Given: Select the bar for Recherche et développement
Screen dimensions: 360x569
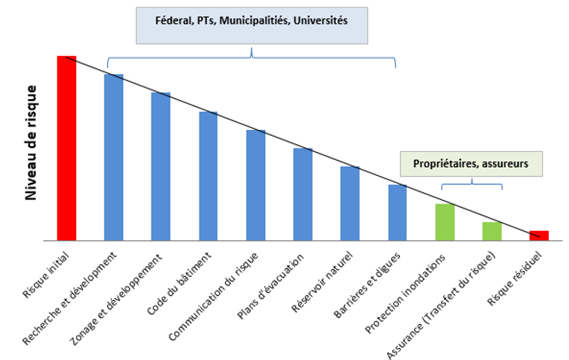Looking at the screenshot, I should [x=114, y=158].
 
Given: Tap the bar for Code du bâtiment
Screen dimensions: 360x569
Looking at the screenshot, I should [x=208, y=176].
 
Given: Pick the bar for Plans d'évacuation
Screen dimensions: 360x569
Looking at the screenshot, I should [x=303, y=194].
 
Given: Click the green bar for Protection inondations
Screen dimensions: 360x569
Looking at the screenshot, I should [x=445, y=222].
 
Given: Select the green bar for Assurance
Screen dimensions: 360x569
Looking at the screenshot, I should [x=492, y=231].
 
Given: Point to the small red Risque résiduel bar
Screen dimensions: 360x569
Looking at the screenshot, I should [x=539, y=236].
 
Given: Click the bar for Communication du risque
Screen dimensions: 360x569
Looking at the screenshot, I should [x=256, y=185].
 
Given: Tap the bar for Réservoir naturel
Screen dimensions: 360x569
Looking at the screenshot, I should [x=350, y=204].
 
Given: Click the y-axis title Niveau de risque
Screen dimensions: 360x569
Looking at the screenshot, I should [x=31, y=143].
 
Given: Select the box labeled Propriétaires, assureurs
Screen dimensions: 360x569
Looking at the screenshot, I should [x=471, y=164].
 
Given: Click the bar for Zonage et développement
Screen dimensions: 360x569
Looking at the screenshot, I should [x=161, y=167].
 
